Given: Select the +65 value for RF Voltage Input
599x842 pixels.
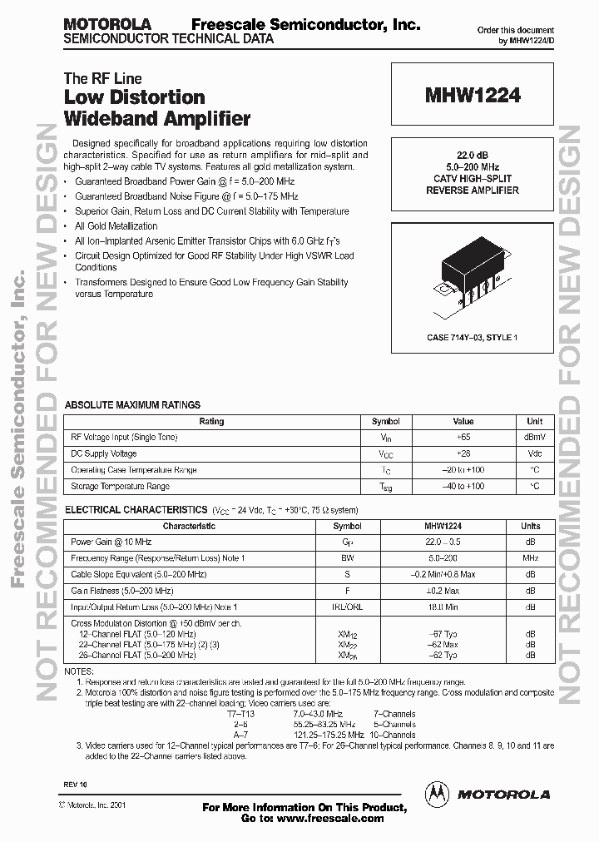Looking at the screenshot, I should (463, 437).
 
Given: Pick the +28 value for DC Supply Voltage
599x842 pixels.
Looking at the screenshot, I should (463, 453).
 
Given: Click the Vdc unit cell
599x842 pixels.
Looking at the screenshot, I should (534, 453).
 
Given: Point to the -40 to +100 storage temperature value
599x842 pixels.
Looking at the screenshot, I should (463, 486).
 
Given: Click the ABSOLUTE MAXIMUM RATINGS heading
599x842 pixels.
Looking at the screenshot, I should (132, 405).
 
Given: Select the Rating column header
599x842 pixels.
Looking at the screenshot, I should (211, 421).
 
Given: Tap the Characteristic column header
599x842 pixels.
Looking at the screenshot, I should (189, 526).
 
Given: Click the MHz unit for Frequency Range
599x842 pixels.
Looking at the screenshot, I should (530, 558).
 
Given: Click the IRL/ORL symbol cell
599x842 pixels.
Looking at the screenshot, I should (348, 607).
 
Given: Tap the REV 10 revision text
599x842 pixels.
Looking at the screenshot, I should (74, 785).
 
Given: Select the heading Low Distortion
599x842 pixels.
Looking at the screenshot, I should (134, 98).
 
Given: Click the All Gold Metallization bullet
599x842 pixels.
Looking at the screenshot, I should (116, 225).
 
